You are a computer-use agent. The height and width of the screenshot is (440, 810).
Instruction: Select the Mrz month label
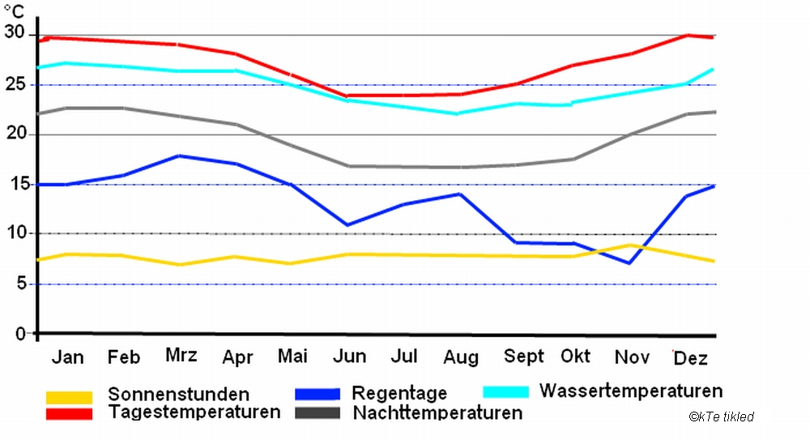pyautogui.click(x=181, y=356)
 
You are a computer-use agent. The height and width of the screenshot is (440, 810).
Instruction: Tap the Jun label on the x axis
pyautogui.click(x=349, y=357)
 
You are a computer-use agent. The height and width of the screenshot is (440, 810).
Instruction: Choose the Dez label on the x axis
pyautogui.click(x=691, y=357)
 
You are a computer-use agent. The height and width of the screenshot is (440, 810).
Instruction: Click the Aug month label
pyautogui.click(x=461, y=358)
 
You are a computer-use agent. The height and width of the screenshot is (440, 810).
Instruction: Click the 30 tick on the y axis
pyautogui.click(x=15, y=33)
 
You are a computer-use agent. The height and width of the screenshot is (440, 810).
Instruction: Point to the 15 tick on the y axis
pyautogui.click(x=15, y=184)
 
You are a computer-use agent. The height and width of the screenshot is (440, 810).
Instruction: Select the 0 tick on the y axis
pyautogui.click(x=21, y=333)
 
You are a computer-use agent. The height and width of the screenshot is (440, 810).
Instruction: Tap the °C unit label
pyautogui.click(x=14, y=11)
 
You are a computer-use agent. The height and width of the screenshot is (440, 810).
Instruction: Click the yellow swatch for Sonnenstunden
pyautogui.click(x=69, y=397)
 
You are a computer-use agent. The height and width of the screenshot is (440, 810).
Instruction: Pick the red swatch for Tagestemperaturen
pyautogui.click(x=69, y=413)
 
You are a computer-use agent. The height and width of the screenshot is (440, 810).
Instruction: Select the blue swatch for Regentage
pyautogui.click(x=317, y=394)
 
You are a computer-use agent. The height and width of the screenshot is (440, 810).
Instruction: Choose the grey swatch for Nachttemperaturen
pyautogui.click(x=317, y=413)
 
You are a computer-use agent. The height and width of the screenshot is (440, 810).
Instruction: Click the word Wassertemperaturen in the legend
pyautogui.click(x=631, y=391)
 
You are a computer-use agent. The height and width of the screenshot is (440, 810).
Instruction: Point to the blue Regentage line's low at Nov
pyautogui.click(x=629, y=263)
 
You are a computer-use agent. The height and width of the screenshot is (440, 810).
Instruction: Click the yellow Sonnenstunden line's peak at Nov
pyautogui.click(x=630, y=245)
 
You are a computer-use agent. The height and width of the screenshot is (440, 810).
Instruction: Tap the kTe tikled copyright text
pyautogui.click(x=722, y=417)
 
